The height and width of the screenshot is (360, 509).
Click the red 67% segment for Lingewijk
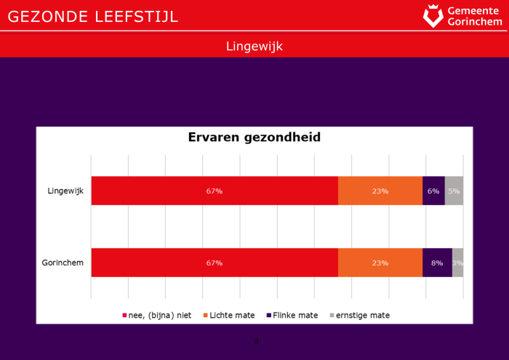215,191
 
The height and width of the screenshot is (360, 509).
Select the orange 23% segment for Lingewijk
380,191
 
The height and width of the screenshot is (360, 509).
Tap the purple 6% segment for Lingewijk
433,191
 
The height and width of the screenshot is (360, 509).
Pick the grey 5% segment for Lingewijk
454,191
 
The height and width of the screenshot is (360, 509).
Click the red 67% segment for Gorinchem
215,263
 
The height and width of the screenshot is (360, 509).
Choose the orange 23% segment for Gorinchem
380,263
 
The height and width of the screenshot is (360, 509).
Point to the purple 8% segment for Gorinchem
437,263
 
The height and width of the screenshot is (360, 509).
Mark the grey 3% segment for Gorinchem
457,263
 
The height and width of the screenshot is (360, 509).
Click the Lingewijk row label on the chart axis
66,191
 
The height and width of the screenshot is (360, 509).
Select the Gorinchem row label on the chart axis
65,263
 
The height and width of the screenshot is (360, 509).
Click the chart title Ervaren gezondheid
254,137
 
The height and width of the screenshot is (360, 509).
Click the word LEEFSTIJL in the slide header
137,16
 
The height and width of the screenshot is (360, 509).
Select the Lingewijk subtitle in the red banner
254,46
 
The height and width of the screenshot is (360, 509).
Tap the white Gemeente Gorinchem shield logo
433,15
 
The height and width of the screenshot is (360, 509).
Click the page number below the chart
256,342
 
